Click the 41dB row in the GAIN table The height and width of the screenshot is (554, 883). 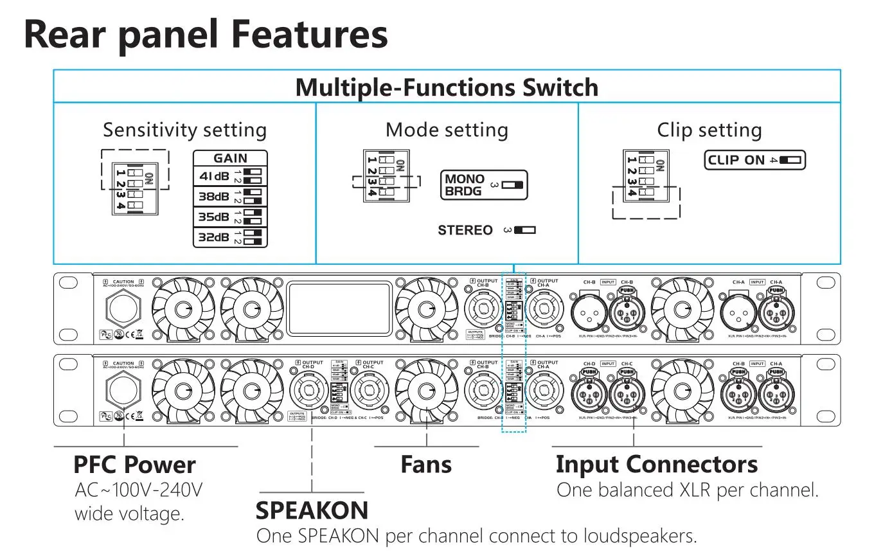click(x=230, y=175)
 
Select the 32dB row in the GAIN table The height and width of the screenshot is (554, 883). click(x=230, y=237)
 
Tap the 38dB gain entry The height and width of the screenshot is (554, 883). click(x=230, y=196)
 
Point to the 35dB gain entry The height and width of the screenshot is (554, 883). click(x=230, y=217)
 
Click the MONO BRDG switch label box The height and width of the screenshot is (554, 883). click(x=483, y=185)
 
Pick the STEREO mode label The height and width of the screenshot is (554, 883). click(x=465, y=230)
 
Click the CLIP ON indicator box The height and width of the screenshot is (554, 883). click(x=754, y=160)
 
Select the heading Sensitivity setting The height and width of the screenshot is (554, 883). click(x=184, y=130)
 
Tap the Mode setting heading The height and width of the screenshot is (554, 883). click(x=447, y=130)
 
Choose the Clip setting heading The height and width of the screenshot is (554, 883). click(x=709, y=130)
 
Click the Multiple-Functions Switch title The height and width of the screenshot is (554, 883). click(x=447, y=87)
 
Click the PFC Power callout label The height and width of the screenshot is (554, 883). click(x=134, y=464)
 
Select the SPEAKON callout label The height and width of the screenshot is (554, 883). click(x=312, y=510)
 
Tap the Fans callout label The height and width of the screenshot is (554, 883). click(x=426, y=464)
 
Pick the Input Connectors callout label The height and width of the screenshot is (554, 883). click(x=656, y=464)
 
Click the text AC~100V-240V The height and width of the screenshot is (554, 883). click(x=138, y=490)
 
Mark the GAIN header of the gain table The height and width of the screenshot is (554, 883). click(x=230, y=158)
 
